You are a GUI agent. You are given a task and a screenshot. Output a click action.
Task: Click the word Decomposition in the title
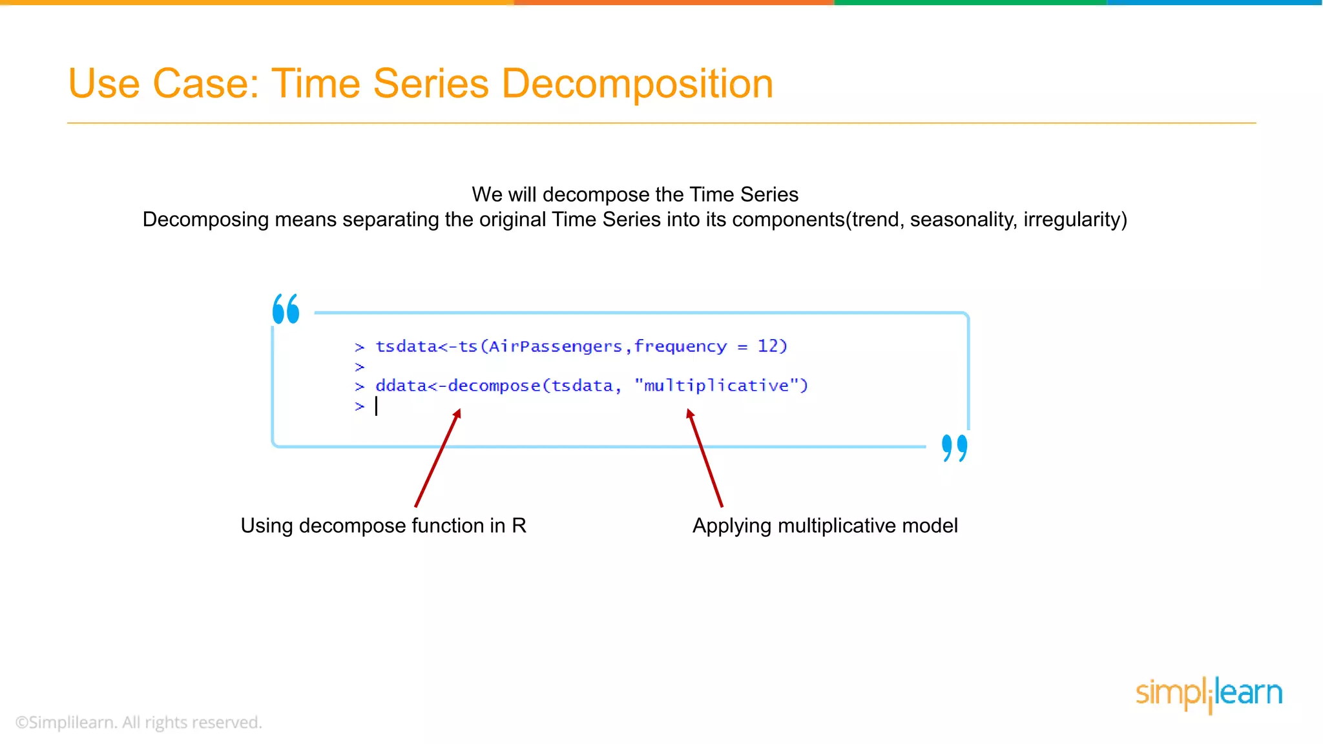(x=637, y=84)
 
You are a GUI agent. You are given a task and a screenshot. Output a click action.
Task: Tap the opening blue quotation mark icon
(x=286, y=309)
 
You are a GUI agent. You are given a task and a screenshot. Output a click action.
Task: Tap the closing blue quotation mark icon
(x=954, y=448)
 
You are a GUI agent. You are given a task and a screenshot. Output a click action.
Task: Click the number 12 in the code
(x=768, y=346)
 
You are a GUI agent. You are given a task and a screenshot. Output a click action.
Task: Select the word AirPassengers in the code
(x=555, y=347)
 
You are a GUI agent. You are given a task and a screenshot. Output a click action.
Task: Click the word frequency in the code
(x=680, y=347)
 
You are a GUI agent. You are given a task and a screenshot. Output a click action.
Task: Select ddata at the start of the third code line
(x=401, y=386)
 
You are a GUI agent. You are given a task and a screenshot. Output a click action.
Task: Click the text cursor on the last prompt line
(x=377, y=406)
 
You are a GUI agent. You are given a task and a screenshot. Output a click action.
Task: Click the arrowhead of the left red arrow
(x=457, y=413)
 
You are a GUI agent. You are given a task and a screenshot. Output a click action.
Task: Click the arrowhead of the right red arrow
(x=690, y=413)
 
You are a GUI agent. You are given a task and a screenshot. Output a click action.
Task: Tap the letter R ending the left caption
(x=519, y=526)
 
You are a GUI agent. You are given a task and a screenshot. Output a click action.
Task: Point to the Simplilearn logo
(x=1209, y=694)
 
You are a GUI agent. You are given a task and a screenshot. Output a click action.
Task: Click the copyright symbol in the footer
(x=22, y=723)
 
